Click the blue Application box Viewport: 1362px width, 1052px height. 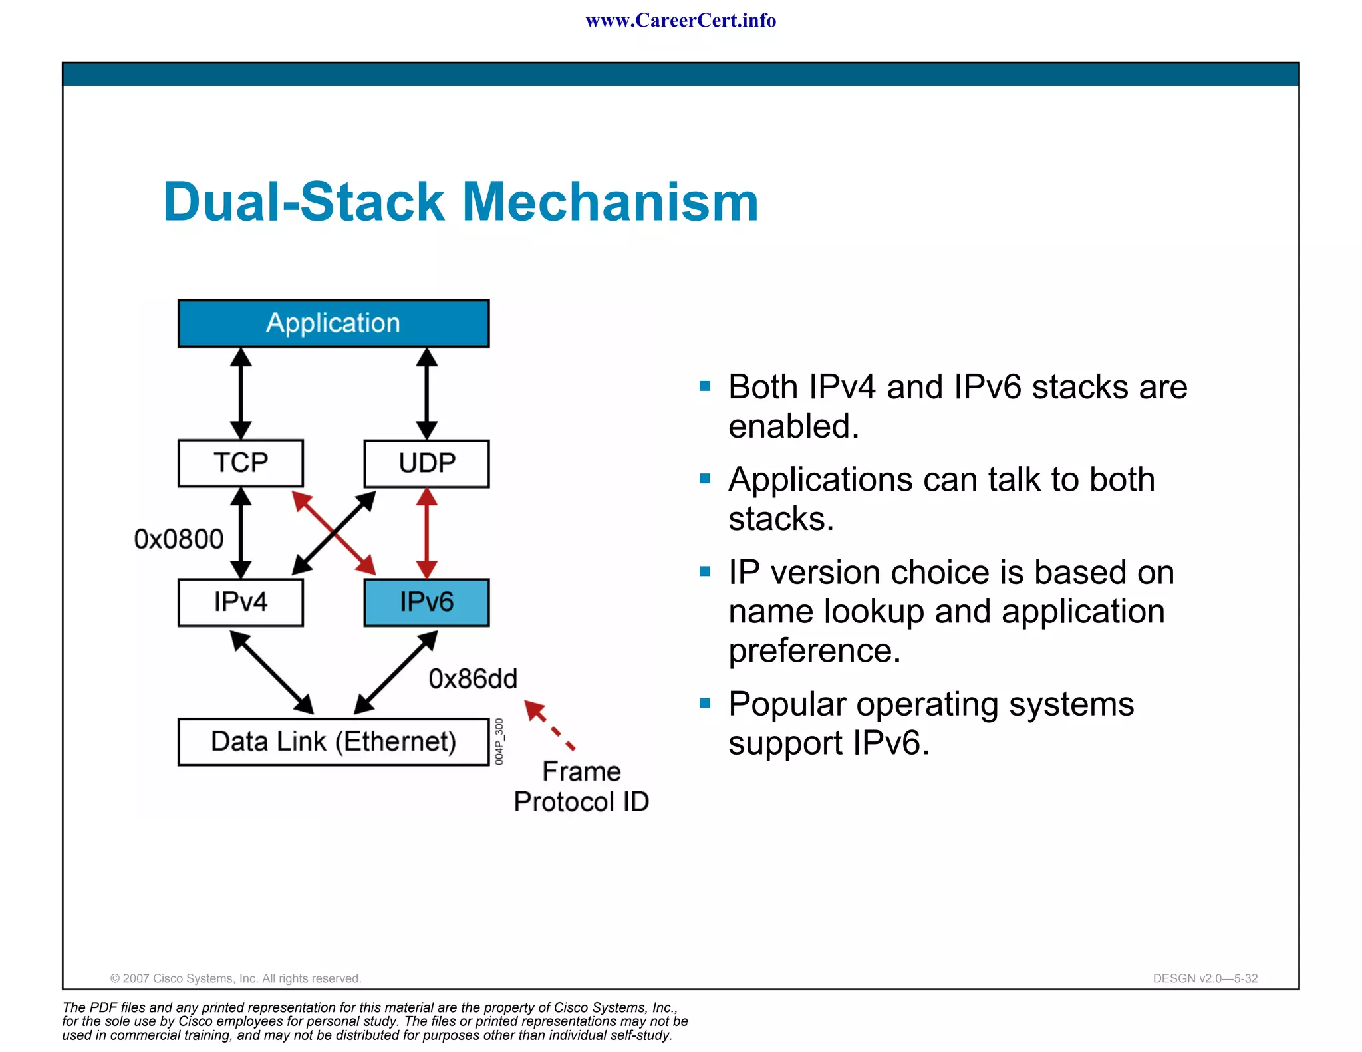(333, 323)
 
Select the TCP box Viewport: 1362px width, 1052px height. (240, 463)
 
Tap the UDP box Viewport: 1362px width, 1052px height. (426, 463)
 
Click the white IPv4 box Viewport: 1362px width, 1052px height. (240, 602)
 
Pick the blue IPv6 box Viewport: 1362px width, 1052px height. (426, 602)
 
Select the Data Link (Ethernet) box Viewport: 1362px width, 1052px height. (333, 741)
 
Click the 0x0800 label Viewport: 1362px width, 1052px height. (178, 539)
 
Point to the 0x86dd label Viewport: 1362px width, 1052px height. (472, 679)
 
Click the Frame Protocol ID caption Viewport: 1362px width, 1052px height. (581, 787)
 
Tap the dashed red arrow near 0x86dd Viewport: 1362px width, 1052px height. (549, 725)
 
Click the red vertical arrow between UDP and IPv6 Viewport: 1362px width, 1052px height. (426, 533)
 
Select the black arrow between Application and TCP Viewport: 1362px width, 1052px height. (241, 394)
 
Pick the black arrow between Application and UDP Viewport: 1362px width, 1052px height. (426, 394)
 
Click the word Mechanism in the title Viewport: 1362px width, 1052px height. (610, 202)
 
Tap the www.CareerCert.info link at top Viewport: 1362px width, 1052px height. (680, 21)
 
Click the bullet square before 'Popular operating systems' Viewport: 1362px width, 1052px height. (706, 703)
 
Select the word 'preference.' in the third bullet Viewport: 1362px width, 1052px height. (814, 651)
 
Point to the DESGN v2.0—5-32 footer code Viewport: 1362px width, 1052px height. (1205, 978)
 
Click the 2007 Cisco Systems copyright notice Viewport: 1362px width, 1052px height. (235, 978)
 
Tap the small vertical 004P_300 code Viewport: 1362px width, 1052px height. (499, 741)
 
